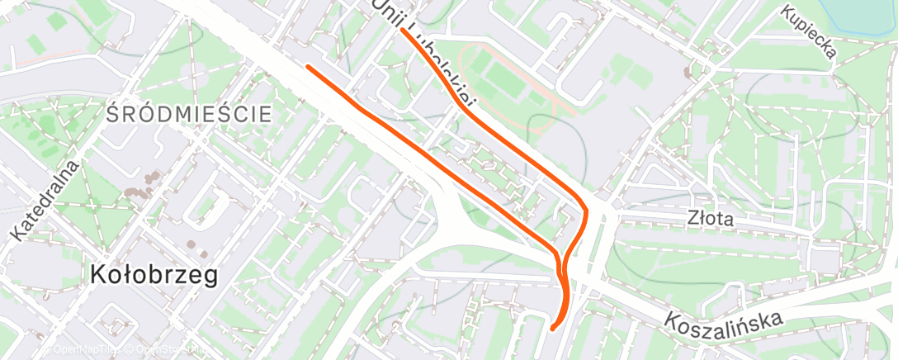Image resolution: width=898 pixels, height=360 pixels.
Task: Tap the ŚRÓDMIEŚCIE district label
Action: (x=189, y=115)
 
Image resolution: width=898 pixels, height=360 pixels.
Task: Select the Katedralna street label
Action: (x=46, y=201)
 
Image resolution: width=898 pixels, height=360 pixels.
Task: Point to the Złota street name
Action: (x=711, y=220)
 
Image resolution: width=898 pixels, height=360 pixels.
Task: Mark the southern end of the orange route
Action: (x=552, y=327)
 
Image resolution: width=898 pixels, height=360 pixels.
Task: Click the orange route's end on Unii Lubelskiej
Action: (x=404, y=32)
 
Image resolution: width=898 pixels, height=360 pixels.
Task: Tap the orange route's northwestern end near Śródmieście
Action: (x=308, y=66)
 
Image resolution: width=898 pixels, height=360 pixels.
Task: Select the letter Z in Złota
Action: (x=693, y=220)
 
